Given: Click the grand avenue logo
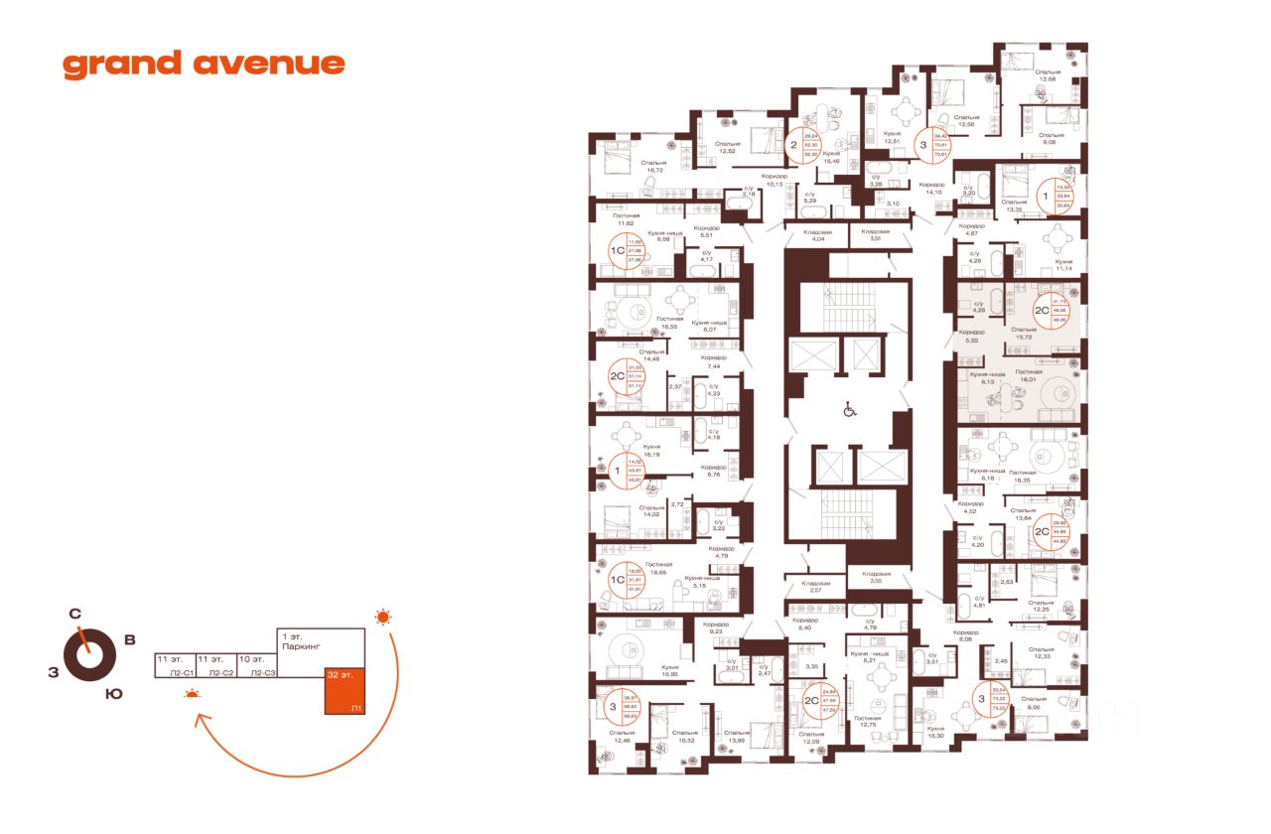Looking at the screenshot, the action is pyautogui.click(x=204, y=65).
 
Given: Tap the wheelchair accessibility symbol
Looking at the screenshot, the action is pyautogui.click(x=849, y=408).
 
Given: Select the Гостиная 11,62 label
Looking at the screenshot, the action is pyautogui.click(x=626, y=219).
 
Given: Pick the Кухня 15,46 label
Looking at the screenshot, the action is pyautogui.click(x=832, y=158).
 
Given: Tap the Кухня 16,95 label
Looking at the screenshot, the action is pyautogui.click(x=669, y=671).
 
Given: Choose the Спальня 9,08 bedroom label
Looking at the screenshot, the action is pyautogui.click(x=1052, y=139).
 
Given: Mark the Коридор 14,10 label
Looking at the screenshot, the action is pyautogui.click(x=931, y=189).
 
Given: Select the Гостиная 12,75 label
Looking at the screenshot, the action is pyautogui.click(x=867, y=721).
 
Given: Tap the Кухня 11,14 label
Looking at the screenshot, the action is pyautogui.click(x=1065, y=265).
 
